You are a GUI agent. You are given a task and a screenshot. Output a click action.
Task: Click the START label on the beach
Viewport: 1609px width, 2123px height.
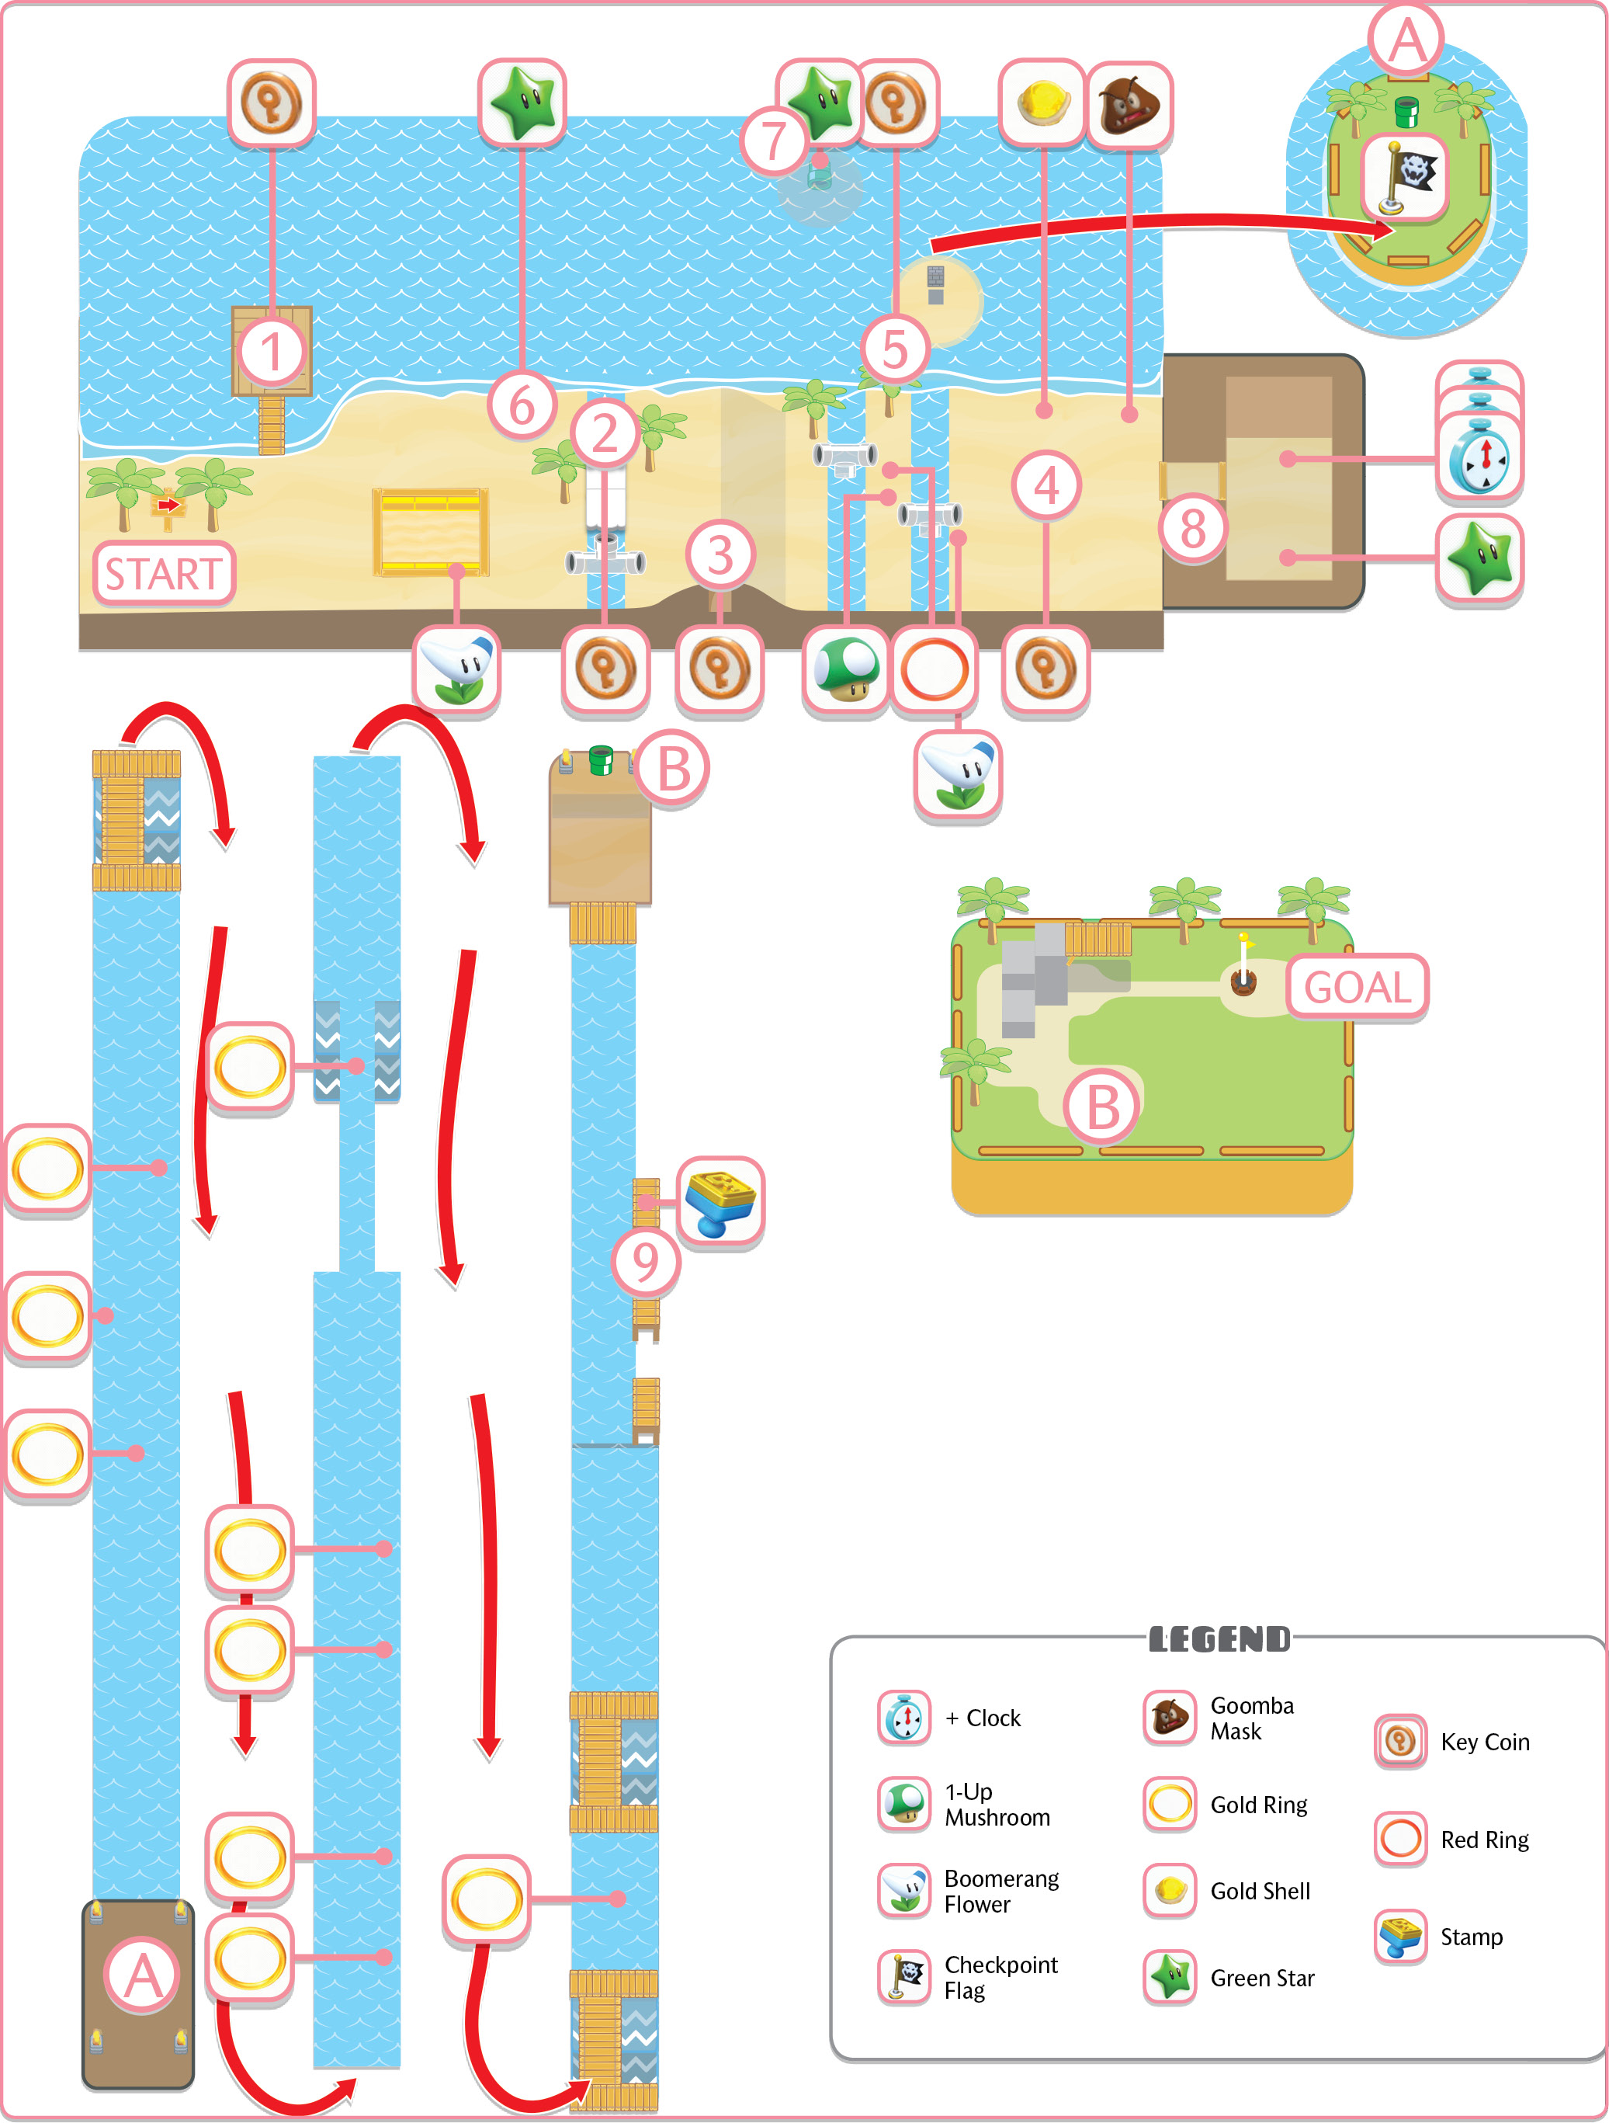tap(163, 574)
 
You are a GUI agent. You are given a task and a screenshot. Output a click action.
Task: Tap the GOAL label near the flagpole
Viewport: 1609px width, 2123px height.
tap(1357, 987)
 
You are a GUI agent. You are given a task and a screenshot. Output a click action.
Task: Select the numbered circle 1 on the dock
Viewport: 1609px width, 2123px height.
tap(272, 353)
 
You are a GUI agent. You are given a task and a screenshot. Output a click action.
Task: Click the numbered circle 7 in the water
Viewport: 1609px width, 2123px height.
tap(773, 141)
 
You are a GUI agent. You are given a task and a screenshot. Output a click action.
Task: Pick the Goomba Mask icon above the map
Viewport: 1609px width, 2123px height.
tap(1130, 106)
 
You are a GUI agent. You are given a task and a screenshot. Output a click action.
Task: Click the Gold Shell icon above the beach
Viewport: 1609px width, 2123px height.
tap(1042, 103)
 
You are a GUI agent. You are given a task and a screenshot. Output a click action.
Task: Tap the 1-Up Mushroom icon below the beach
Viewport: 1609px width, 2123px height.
tap(846, 669)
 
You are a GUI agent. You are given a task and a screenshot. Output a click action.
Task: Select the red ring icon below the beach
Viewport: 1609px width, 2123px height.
tap(935, 669)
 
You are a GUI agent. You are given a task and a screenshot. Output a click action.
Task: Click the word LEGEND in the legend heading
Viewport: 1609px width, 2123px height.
tap(1219, 1639)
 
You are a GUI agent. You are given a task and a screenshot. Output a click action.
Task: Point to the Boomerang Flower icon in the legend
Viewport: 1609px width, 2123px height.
tap(903, 1888)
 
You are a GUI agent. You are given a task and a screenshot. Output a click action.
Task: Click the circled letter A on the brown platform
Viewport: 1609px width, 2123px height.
tap(142, 1976)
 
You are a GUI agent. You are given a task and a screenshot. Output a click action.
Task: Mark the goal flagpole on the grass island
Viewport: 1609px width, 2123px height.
tap(1244, 963)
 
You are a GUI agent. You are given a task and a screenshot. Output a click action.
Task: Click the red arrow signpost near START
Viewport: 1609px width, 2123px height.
tap(168, 509)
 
